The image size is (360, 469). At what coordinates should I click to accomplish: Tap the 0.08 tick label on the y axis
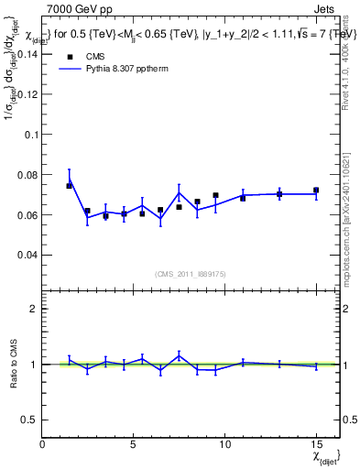point(27,174)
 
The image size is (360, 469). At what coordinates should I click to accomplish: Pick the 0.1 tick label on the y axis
point(31,134)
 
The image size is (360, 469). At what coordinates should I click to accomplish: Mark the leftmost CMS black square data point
point(70,186)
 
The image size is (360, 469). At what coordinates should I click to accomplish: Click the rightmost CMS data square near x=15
point(316,191)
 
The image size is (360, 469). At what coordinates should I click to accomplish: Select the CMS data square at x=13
point(279,194)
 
